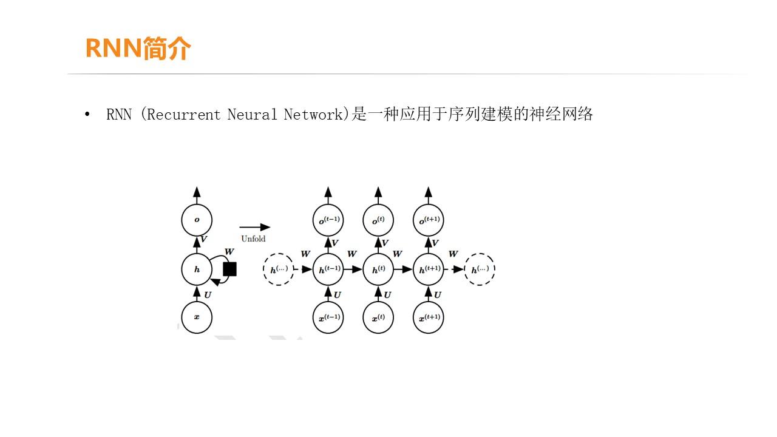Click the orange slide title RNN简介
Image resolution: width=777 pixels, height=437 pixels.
click(x=138, y=49)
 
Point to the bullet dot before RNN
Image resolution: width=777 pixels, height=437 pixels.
click(x=87, y=114)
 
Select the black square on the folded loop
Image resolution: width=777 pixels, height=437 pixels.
click(x=229, y=269)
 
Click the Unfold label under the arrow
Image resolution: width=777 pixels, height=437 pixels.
click(x=253, y=239)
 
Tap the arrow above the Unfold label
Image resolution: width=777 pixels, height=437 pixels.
click(x=254, y=227)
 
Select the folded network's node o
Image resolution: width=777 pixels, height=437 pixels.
click(x=197, y=220)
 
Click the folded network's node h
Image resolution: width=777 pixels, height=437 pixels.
click(x=197, y=269)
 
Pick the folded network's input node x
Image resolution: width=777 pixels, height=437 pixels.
click(x=197, y=317)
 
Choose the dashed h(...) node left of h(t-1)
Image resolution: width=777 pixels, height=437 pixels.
click(x=279, y=269)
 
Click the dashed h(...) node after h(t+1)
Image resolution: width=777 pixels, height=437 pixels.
click(x=480, y=269)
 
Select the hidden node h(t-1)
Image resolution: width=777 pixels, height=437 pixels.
click(x=328, y=269)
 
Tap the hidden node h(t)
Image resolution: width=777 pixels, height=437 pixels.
click(x=378, y=269)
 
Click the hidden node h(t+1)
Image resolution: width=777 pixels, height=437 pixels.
click(x=428, y=269)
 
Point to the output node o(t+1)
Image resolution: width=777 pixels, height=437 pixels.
click(x=428, y=220)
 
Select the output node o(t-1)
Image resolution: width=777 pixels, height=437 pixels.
click(x=328, y=220)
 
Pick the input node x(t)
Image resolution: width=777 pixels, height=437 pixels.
click(x=378, y=317)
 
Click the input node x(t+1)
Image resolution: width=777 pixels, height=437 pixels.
click(x=428, y=317)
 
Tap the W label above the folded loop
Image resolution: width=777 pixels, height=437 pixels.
click(x=229, y=251)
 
